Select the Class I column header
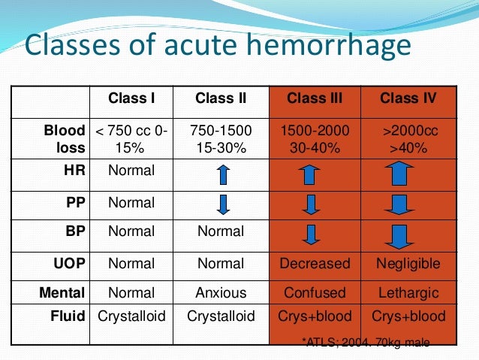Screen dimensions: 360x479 point(131,98)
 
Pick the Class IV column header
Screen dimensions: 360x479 point(408,98)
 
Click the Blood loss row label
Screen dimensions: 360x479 point(65,139)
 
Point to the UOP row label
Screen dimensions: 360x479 point(70,264)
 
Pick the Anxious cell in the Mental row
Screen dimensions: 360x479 point(221,292)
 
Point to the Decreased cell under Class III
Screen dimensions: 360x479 point(315,264)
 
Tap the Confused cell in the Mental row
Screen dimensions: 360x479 point(315,292)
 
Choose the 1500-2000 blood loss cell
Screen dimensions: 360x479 point(315,131)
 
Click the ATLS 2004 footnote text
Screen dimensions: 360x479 point(366,343)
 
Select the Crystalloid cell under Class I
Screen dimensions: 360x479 point(131,316)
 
